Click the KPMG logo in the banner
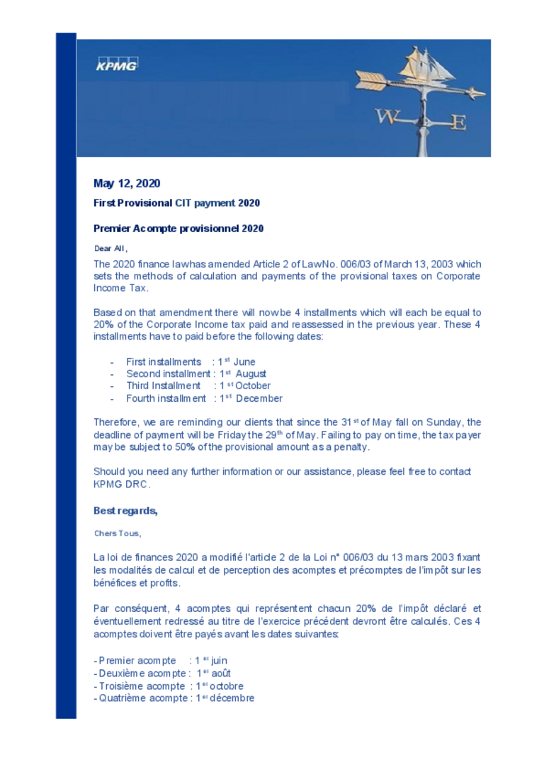click(117, 64)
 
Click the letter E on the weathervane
click(459, 122)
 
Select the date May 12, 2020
click(127, 184)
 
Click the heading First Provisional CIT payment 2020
click(176, 203)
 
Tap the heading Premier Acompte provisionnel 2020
click(178, 229)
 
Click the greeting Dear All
click(110, 248)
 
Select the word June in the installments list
click(244, 362)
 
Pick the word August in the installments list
click(251, 374)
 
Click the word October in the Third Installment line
click(253, 386)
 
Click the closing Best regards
click(125, 511)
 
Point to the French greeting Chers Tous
click(117, 533)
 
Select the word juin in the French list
click(219, 661)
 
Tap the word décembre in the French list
click(232, 698)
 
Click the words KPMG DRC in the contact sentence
click(121, 485)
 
